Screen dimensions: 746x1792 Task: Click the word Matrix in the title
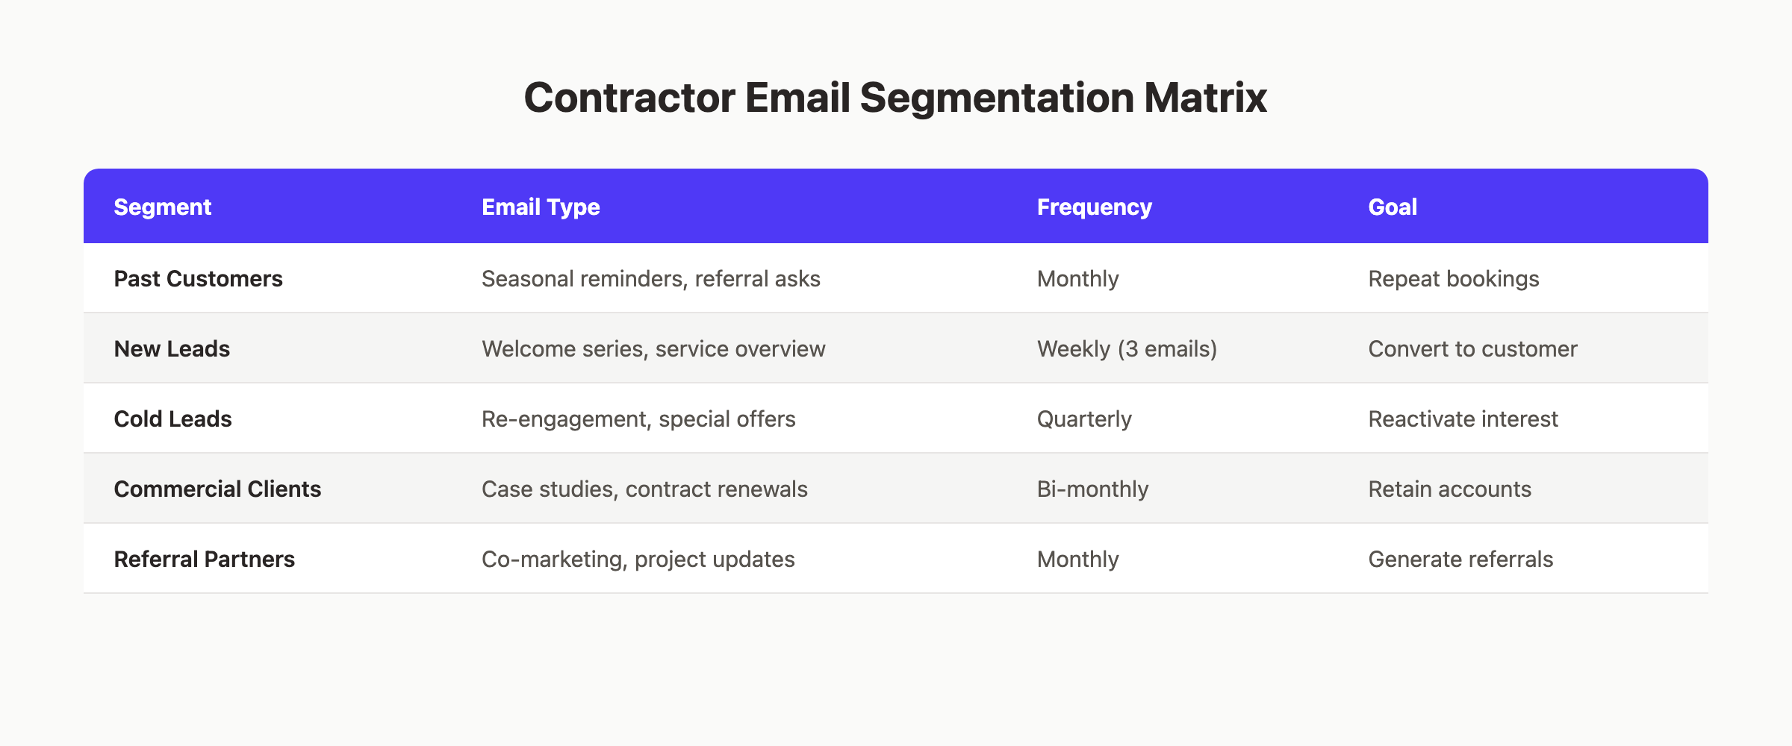point(1205,98)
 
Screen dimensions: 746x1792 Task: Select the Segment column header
point(162,207)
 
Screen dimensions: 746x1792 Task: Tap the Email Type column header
point(541,207)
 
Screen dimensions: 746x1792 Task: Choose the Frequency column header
point(1094,207)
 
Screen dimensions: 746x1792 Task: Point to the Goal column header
point(1392,207)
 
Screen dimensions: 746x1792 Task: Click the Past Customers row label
point(198,278)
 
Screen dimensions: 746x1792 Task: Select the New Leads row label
point(172,348)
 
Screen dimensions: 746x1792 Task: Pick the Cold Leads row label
point(172,419)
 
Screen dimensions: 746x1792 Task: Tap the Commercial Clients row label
point(217,489)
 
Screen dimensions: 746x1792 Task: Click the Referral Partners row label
point(204,559)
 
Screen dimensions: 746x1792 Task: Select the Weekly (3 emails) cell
point(1127,348)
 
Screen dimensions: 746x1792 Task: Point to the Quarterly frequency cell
point(1084,419)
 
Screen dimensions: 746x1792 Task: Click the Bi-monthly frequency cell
point(1092,489)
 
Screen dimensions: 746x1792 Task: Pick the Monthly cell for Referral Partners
point(1077,559)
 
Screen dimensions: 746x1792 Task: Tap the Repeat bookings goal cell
point(1453,278)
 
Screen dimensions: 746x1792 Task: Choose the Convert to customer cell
point(1472,348)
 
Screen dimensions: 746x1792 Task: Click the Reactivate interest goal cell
point(1463,419)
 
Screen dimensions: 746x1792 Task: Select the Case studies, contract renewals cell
point(644,489)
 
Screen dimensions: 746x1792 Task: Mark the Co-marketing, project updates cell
point(638,559)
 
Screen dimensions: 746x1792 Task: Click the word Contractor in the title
point(629,98)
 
